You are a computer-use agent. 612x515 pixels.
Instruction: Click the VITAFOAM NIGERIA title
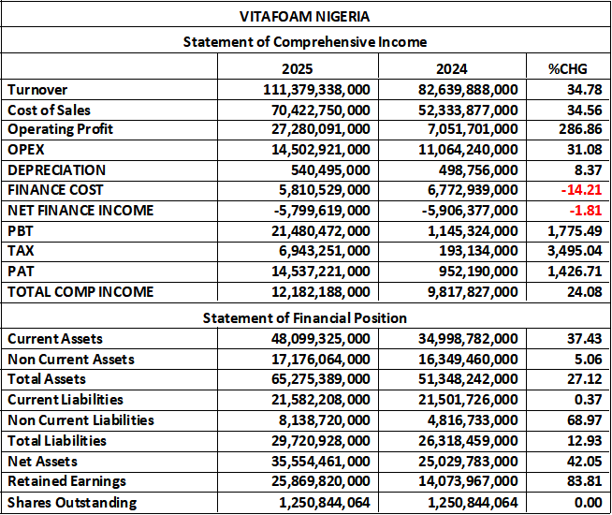point(305,15)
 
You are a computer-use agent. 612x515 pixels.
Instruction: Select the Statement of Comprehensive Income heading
point(305,42)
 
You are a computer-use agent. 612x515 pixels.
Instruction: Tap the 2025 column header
point(297,69)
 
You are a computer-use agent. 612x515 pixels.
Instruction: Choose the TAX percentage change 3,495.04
point(574,251)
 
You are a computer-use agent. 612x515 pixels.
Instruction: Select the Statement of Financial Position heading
point(305,318)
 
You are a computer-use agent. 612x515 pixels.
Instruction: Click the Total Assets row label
point(47,379)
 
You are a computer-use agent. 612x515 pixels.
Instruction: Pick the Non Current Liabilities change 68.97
point(583,420)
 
